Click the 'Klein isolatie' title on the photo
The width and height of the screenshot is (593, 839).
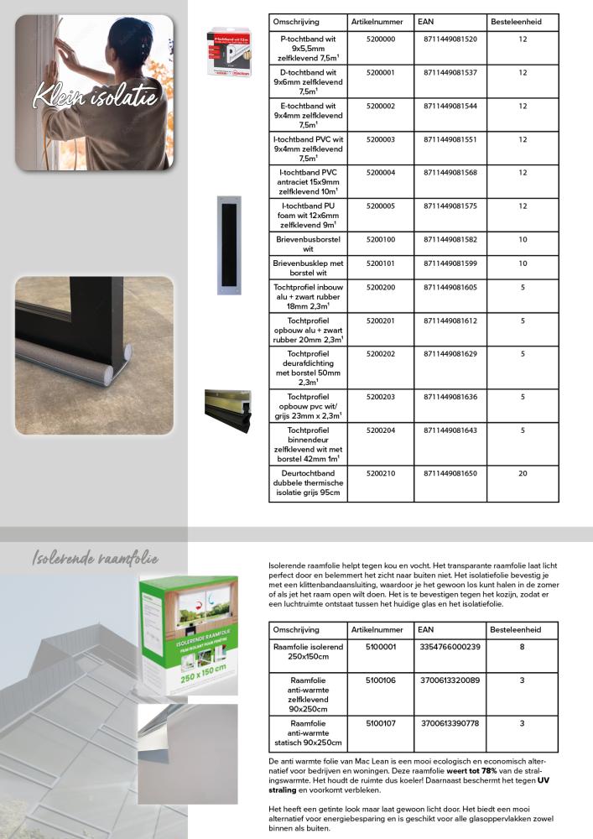[x=95, y=96]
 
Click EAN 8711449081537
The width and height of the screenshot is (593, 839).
[x=450, y=73]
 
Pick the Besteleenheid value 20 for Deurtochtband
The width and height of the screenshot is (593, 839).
[x=523, y=473]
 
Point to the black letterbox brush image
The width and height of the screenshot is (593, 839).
[x=228, y=245]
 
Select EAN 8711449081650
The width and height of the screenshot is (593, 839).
[x=450, y=473]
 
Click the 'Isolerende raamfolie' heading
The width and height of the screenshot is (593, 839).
[x=95, y=559]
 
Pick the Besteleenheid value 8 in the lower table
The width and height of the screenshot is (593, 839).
[x=522, y=647]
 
